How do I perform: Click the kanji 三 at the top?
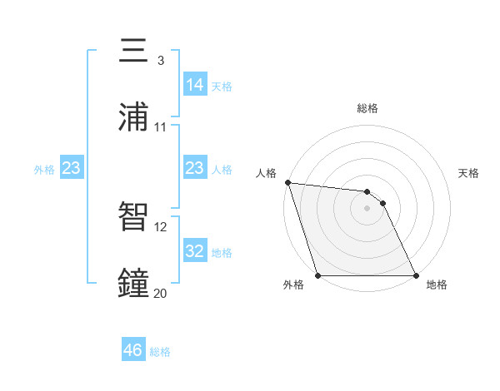(134, 51)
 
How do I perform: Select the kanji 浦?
(134, 117)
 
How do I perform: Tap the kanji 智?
(134, 217)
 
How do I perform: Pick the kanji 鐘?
(134, 284)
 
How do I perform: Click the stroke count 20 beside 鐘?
(161, 293)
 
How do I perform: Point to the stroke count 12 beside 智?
(161, 226)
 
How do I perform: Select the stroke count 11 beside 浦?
(161, 126)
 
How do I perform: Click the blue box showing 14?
(195, 84)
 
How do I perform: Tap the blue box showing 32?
(195, 250)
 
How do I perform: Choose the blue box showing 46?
(133, 350)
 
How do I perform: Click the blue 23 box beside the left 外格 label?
(72, 168)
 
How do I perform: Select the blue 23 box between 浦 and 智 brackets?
(195, 168)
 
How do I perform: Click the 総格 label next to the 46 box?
(160, 352)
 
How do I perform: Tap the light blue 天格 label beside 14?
(222, 86)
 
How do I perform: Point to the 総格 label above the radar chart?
(367, 108)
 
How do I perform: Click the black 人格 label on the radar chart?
(267, 173)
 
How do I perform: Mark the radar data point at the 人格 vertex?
(287, 182)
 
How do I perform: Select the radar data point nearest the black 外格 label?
(318, 275)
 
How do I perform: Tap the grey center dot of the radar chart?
(367, 208)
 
